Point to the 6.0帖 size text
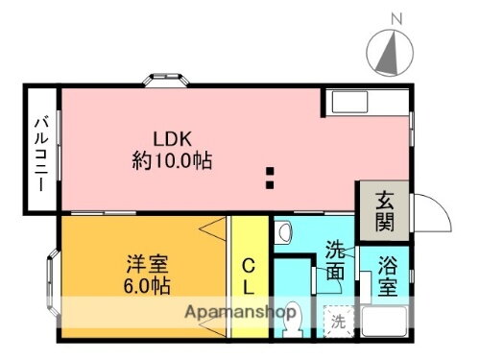[x=146, y=285]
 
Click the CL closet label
[x=248, y=275]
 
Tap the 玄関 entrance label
[x=384, y=212]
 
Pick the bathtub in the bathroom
[x=390, y=319]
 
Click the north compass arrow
[x=389, y=53]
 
